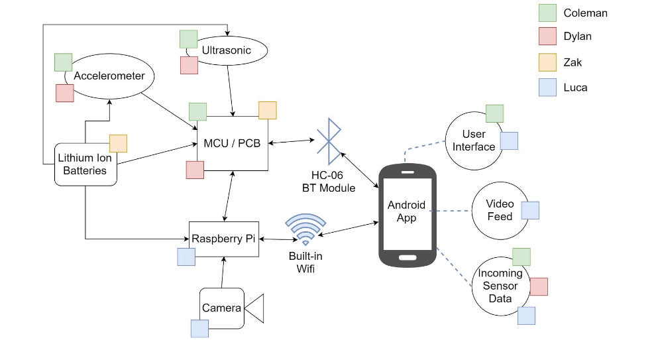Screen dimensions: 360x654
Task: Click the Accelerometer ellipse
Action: tap(109, 76)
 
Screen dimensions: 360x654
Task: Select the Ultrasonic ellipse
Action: tap(227, 50)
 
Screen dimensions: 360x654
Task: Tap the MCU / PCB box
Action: tap(233, 143)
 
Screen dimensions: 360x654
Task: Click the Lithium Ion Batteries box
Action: tap(85, 164)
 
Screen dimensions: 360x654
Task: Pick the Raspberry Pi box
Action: tap(223, 239)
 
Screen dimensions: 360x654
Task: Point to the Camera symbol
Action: tap(232, 308)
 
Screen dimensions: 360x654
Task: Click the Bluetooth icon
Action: tap(329, 141)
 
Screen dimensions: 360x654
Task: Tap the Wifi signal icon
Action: tap(305, 229)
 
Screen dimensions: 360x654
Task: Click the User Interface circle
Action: tap(474, 141)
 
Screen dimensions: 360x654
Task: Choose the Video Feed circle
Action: tap(500, 211)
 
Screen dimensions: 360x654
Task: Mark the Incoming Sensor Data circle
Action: tap(500, 286)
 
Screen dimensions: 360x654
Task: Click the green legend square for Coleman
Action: tap(547, 13)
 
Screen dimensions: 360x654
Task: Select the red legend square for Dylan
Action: tap(547, 37)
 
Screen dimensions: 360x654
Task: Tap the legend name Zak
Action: tap(572, 62)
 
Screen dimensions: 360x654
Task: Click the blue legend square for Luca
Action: tap(547, 88)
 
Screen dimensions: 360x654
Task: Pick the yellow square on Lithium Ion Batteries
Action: tap(118, 143)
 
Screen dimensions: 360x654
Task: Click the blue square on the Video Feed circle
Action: tap(530, 210)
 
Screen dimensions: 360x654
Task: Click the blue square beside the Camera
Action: tap(199, 328)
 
